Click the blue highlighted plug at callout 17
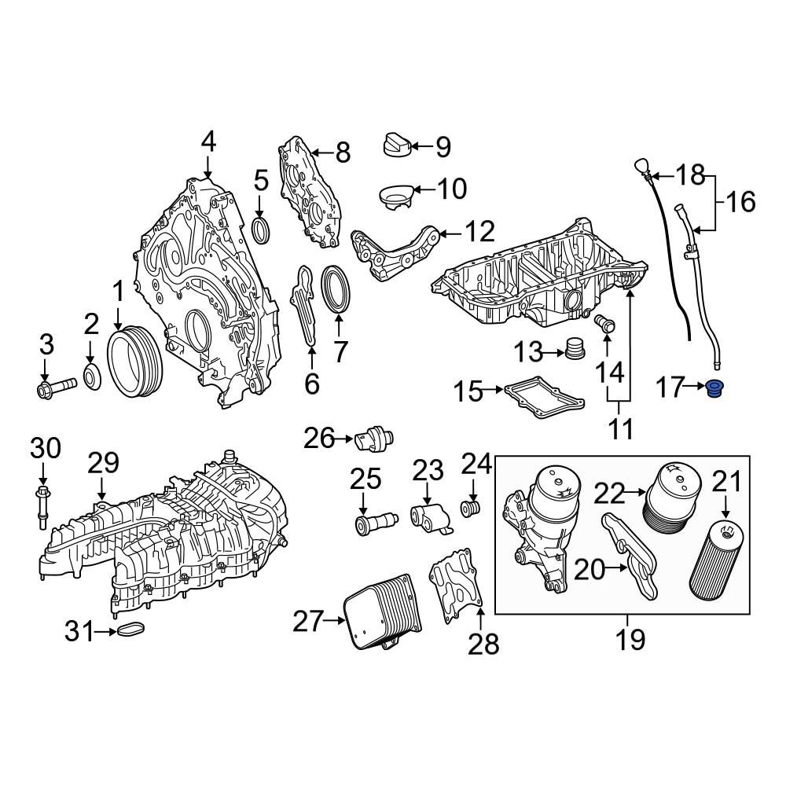(x=714, y=388)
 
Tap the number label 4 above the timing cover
(x=208, y=141)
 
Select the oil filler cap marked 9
(x=396, y=145)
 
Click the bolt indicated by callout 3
(x=55, y=386)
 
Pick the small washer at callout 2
(x=92, y=377)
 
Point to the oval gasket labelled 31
(x=130, y=630)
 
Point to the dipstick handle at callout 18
(x=640, y=169)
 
